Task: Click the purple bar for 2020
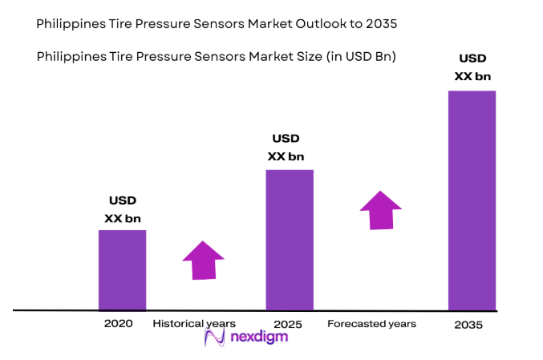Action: (122, 269)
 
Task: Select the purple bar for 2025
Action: (289, 239)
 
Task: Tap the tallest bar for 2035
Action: (472, 200)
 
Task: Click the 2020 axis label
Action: (118, 324)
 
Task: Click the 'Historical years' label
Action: (194, 324)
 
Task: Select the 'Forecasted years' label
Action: (371, 324)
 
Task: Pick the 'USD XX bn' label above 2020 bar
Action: (122, 208)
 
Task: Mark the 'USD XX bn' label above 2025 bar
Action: (286, 148)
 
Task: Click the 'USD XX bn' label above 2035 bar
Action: (472, 67)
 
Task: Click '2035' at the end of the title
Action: (380, 24)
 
